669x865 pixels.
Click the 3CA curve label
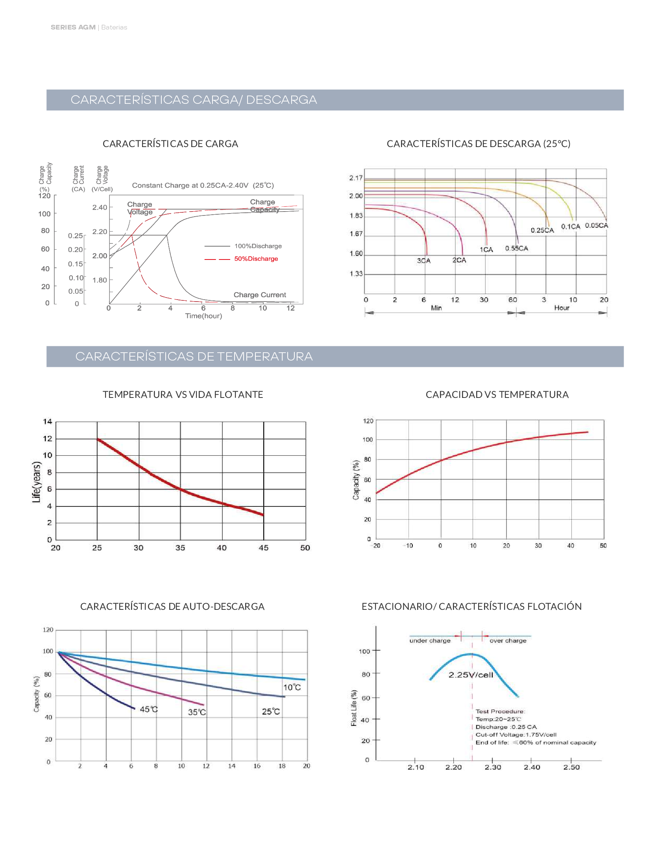423,261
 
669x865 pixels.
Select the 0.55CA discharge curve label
516,248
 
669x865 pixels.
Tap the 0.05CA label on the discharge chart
597,225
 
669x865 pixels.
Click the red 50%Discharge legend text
256,259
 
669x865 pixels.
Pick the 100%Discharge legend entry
258,247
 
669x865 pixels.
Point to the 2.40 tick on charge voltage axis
100,208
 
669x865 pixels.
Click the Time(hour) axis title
203,316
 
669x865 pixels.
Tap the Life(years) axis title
37,482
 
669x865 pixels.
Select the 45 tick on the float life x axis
264,548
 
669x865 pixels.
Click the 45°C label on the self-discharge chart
149,709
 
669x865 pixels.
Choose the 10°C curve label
292,688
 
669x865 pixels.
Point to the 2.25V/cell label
471,675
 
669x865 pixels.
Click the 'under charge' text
430,641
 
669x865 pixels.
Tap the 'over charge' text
508,641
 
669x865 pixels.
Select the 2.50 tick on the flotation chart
571,767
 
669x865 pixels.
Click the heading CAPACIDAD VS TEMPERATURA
497,394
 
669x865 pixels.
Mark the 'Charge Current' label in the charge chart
260,294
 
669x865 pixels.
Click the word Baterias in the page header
114,28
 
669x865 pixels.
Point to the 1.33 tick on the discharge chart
356,274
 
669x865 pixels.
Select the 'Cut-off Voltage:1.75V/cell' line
516,735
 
